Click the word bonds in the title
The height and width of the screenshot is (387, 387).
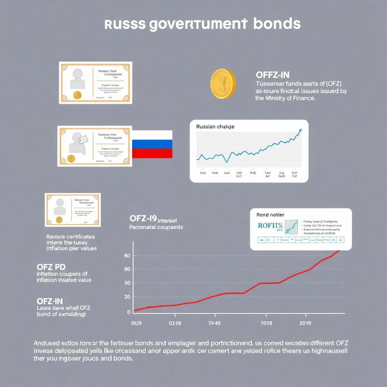point(277,24)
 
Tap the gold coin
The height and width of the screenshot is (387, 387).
point(223,84)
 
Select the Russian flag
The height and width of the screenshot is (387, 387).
point(152,144)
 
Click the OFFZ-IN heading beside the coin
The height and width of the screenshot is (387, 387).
point(272,75)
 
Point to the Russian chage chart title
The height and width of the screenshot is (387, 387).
point(215,127)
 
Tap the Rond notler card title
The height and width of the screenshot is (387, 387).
point(270,215)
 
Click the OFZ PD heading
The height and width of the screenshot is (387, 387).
point(51,267)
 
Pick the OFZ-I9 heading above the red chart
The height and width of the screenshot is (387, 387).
point(143,219)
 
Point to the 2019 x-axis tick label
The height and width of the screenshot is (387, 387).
point(305,324)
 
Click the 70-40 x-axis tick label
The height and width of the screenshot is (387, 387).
point(214,324)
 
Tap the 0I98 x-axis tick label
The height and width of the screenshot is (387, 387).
point(136,324)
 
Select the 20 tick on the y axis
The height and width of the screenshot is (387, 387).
point(127,297)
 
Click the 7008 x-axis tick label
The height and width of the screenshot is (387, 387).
point(266,324)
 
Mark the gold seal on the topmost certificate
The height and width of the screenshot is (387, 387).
point(78,95)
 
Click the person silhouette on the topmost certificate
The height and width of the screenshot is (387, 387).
point(77,77)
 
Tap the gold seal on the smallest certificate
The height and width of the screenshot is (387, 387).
point(59,219)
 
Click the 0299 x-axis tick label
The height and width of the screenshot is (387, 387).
point(175,324)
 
